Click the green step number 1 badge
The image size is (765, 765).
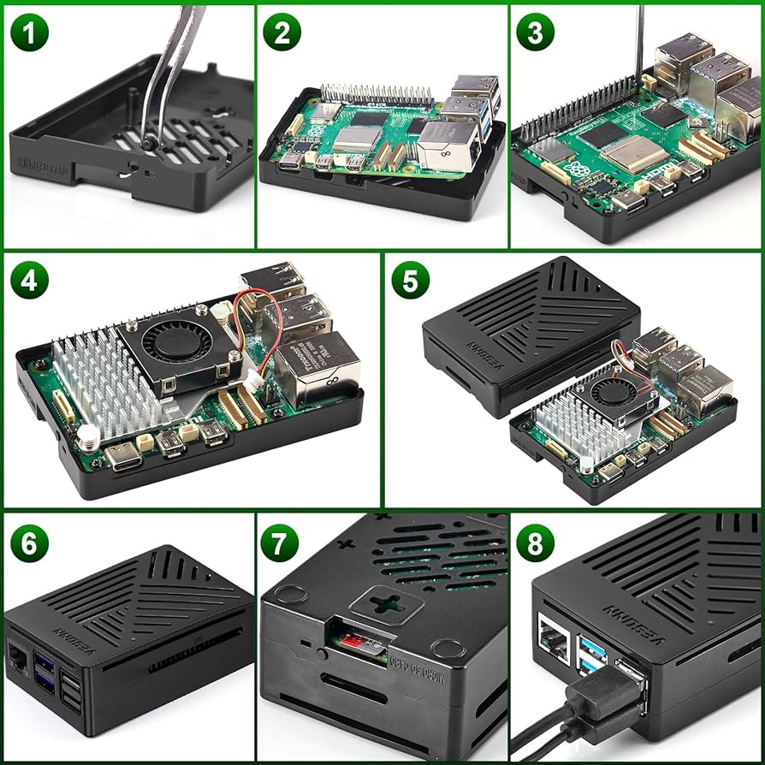pos(30,33)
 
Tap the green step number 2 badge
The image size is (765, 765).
pos(282,33)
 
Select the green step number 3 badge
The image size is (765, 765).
pos(535,33)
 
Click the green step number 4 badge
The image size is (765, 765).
pos(30,281)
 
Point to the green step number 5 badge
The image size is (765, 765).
pos(410,281)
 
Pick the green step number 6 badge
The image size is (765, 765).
pos(30,543)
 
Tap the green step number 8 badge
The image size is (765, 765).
pos(535,543)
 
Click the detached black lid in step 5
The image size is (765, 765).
pos(531,334)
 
